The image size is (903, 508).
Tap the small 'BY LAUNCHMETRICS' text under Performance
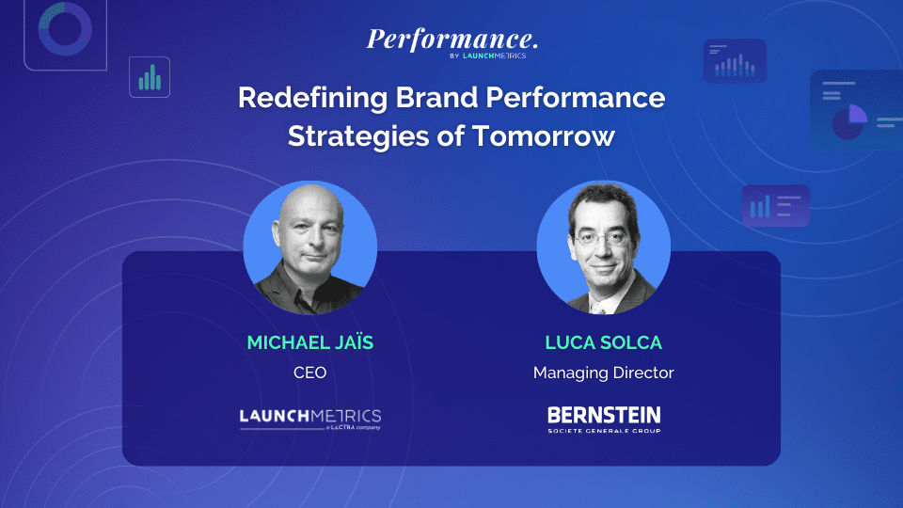tap(488, 56)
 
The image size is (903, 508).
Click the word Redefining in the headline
tap(312, 97)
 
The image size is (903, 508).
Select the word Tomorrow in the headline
tap(544, 136)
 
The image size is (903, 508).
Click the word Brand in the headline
tap(436, 97)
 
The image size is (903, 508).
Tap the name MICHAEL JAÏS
tap(310, 342)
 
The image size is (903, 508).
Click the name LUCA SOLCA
tap(604, 342)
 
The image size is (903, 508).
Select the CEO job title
tap(309, 373)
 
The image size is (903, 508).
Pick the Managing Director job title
tap(604, 373)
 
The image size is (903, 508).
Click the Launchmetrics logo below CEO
tap(310, 419)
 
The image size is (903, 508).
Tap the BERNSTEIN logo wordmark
tap(604, 415)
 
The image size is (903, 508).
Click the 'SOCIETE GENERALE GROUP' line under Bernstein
tap(604, 431)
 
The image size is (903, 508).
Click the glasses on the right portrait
tap(602, 238)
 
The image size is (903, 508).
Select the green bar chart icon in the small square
tap(150, 77)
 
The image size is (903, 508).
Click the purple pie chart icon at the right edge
tap(849, 122)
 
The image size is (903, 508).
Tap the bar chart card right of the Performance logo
tap(735, 61)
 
